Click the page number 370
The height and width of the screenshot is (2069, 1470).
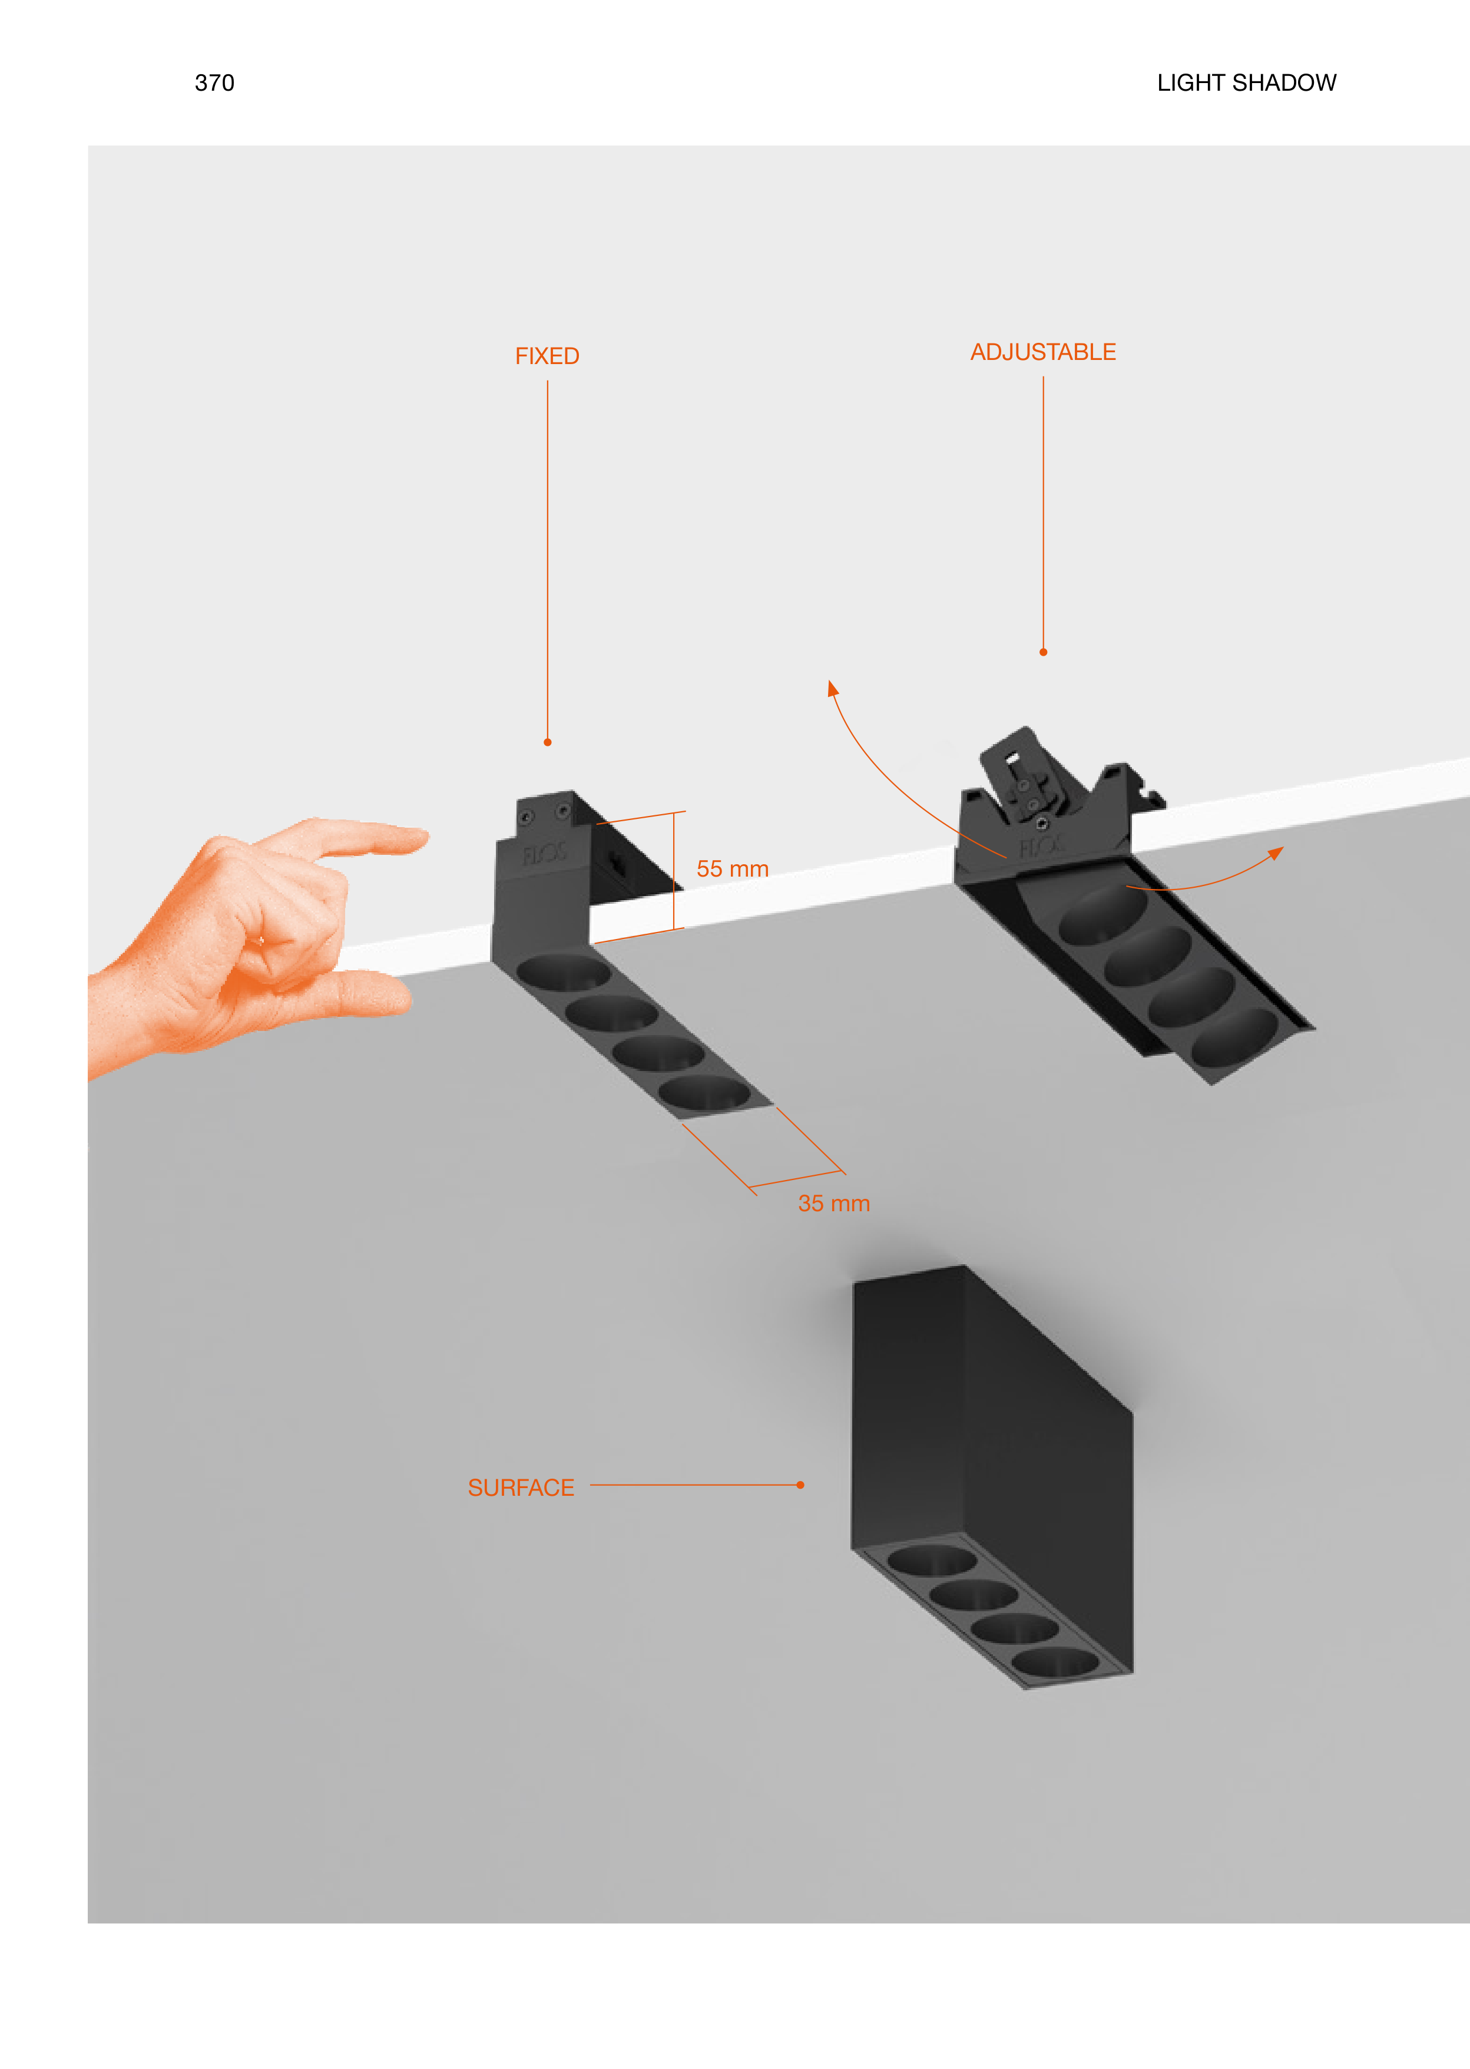214,83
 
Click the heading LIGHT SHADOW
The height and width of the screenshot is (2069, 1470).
1246,83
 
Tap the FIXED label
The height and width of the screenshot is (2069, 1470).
547,356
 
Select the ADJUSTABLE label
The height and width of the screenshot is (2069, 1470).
1043,352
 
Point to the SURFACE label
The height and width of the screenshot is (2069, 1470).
521,1488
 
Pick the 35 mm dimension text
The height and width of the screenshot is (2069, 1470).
834,1204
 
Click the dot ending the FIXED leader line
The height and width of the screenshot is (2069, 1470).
548,742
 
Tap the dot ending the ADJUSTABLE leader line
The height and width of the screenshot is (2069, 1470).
1044,652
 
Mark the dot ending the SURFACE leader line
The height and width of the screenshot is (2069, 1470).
800,1485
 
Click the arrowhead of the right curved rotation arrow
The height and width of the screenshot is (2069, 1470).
1276,853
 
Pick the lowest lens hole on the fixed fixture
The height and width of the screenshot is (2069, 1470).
704,1093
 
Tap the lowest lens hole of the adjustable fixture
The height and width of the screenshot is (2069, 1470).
1234,1037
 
